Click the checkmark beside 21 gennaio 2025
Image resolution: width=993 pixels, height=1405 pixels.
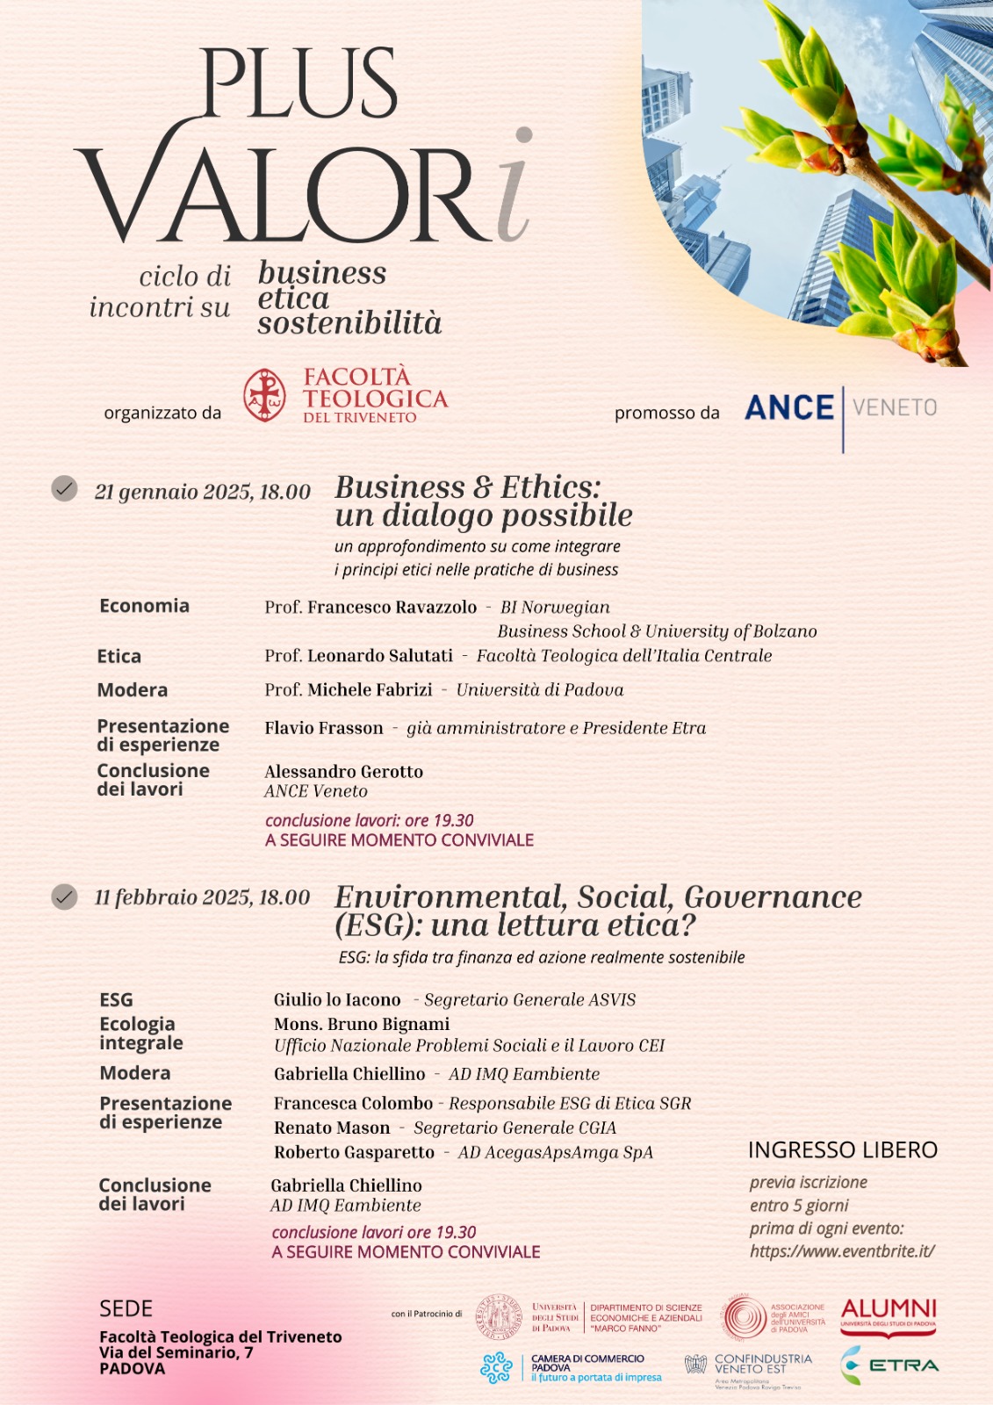click(x=64, y=488)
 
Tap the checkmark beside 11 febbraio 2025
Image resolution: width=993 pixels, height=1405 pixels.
click(x=64, y=897)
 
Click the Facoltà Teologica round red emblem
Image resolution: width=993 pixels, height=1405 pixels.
click(x=264, y=395)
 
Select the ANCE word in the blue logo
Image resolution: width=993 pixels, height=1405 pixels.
click(x=789, y=408)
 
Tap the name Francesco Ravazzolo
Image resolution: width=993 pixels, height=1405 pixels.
click(x=392, y=608)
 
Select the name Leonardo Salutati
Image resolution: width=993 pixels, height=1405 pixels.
click(x=380, y=656)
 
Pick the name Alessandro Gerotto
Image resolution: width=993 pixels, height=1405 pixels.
click(x=343, y=772)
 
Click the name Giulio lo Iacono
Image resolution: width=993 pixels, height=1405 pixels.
click(x=337, y=1000)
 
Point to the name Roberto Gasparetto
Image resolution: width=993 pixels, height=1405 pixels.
click(x=354, y=1152)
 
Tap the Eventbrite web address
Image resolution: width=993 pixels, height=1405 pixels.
click(x=842, y=1251)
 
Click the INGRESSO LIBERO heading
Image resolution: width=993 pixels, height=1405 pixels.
click(x=843, y=1150)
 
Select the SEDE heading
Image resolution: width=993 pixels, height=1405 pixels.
click(x=126, y=1309)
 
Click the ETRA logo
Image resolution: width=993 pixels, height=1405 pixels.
click(x=889, y=1365)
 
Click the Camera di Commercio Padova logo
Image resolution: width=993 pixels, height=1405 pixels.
click(x=571, y=1368)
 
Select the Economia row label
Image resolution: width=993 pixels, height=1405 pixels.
click(x=144, y=606)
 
